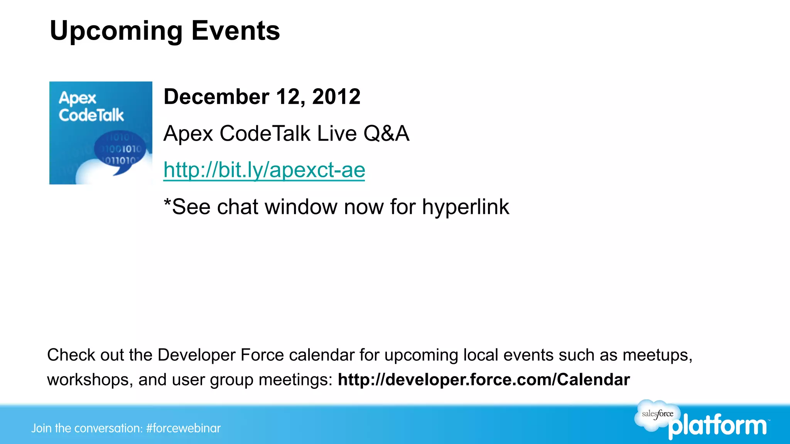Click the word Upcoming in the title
116,31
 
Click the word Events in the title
235,31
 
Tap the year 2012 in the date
336,96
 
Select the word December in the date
216,96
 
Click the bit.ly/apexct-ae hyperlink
264,170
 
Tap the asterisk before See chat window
167,203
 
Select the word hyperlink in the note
465,207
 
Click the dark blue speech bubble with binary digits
120,151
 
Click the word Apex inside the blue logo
77,98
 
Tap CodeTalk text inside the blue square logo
91,115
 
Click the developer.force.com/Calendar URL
484,380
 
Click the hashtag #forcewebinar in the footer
183,428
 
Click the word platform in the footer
717,426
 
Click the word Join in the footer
41,428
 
